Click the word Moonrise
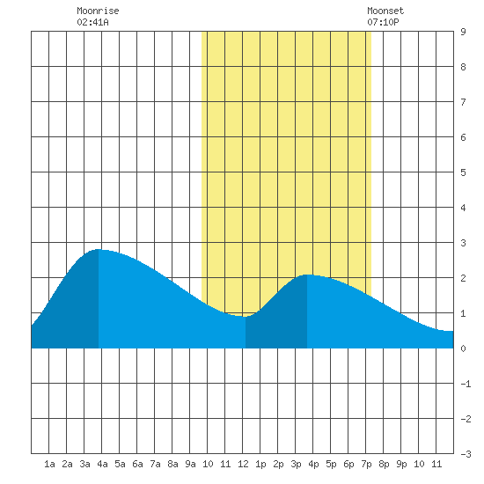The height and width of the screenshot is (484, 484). point(98,11)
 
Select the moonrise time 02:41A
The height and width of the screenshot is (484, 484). point(92,22)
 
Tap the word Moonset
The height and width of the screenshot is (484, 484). point(385,11)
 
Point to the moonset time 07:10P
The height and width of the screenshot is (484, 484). point(383,22)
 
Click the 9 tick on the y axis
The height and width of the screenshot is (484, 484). point(463,32)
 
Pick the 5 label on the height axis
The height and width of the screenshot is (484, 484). point(463,172)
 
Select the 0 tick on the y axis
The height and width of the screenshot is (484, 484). point(463,348)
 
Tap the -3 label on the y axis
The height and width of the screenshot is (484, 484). point(466,454)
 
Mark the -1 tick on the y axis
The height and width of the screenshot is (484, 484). point(466,384)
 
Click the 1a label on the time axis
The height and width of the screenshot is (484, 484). point(49,464)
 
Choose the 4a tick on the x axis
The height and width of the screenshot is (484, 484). point(102,464)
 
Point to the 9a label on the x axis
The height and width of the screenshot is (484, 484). point(190,464)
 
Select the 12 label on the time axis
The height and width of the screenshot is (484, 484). point(243,464)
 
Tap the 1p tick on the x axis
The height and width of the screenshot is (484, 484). point(260,464)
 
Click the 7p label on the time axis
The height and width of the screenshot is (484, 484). point(366,464)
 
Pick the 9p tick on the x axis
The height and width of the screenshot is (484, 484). point(401,464)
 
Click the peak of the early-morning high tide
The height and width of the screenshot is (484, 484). point(99,249)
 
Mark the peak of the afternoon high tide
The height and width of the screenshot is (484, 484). point(307,275)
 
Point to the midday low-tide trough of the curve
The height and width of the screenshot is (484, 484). point(243,317)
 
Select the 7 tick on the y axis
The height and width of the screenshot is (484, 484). point(463,102)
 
